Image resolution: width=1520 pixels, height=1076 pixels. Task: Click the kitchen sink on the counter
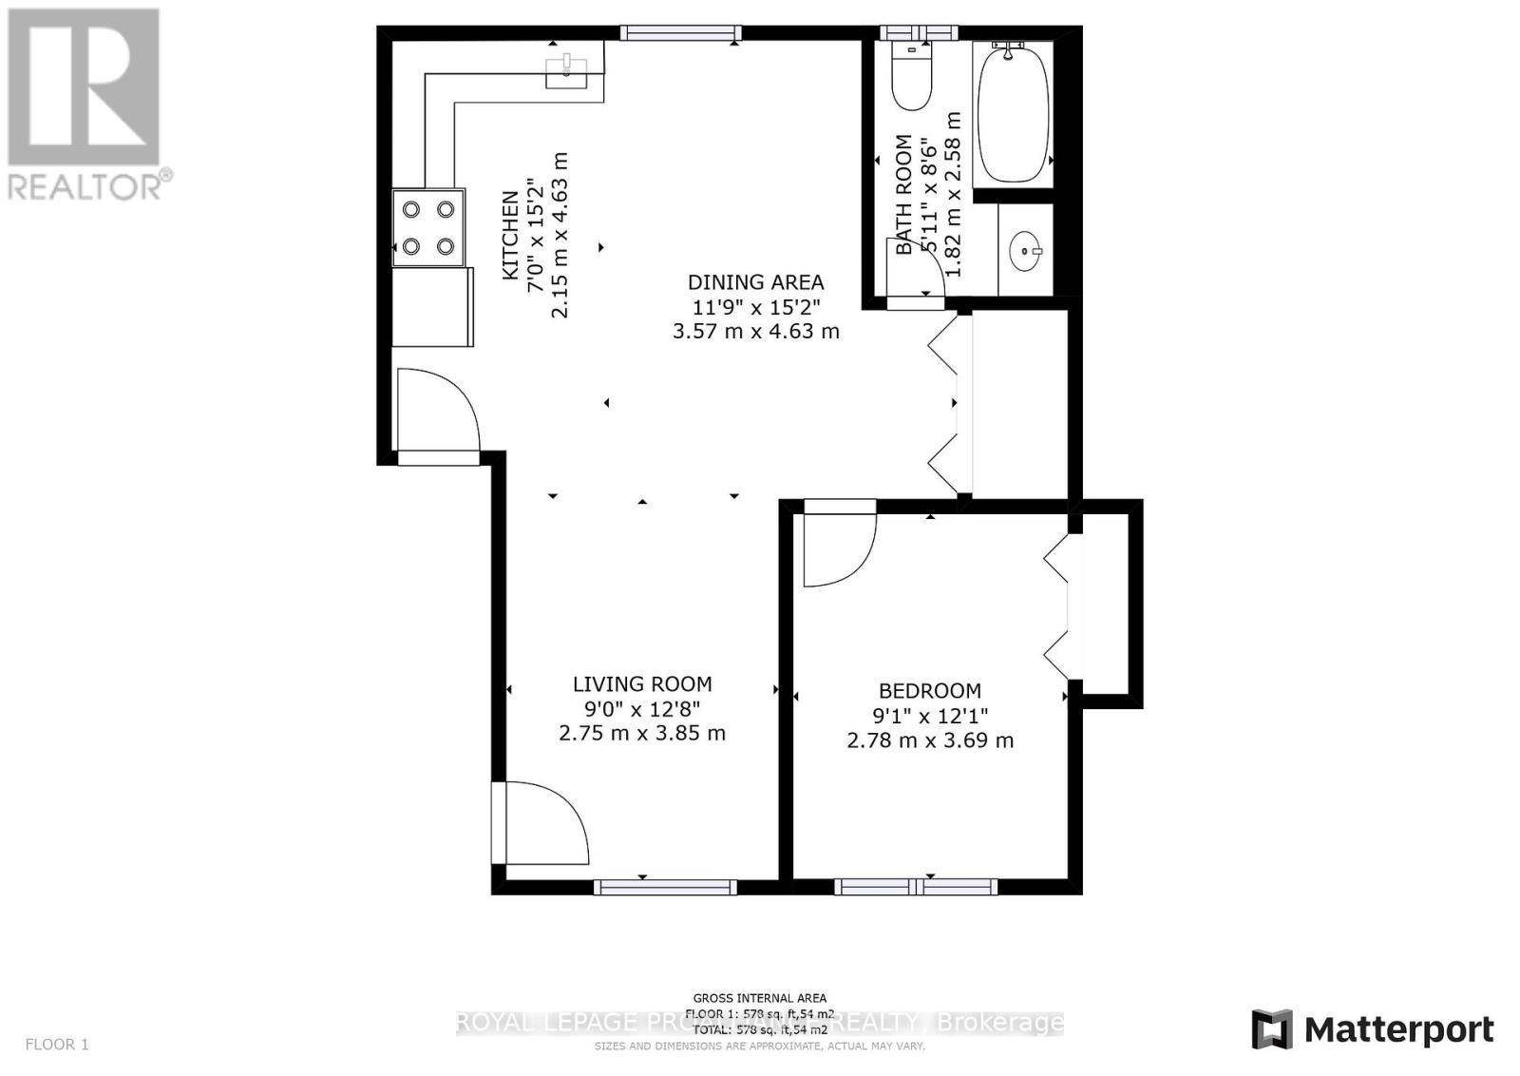[567, 69]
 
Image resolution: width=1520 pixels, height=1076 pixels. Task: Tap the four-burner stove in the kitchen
[428, 227]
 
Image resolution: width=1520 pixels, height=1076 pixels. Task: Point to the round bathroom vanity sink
[1024, 251]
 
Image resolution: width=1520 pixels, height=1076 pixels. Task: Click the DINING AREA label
[755, 282]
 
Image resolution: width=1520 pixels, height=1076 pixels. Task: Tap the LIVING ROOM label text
[642, 683]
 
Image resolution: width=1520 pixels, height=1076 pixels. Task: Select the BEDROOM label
[929, 691]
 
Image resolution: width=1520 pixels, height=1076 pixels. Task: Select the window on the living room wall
[665, 887]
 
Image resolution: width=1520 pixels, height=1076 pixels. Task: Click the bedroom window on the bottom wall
[916, 887]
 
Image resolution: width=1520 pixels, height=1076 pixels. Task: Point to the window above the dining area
[680, 33]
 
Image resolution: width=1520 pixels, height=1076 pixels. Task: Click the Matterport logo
[1372, 1029]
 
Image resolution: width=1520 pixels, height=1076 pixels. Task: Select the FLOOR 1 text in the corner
[56, 1045]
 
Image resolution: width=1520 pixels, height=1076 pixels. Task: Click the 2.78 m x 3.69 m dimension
[929, 740]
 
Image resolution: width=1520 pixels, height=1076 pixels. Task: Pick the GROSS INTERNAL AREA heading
[759, 998]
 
